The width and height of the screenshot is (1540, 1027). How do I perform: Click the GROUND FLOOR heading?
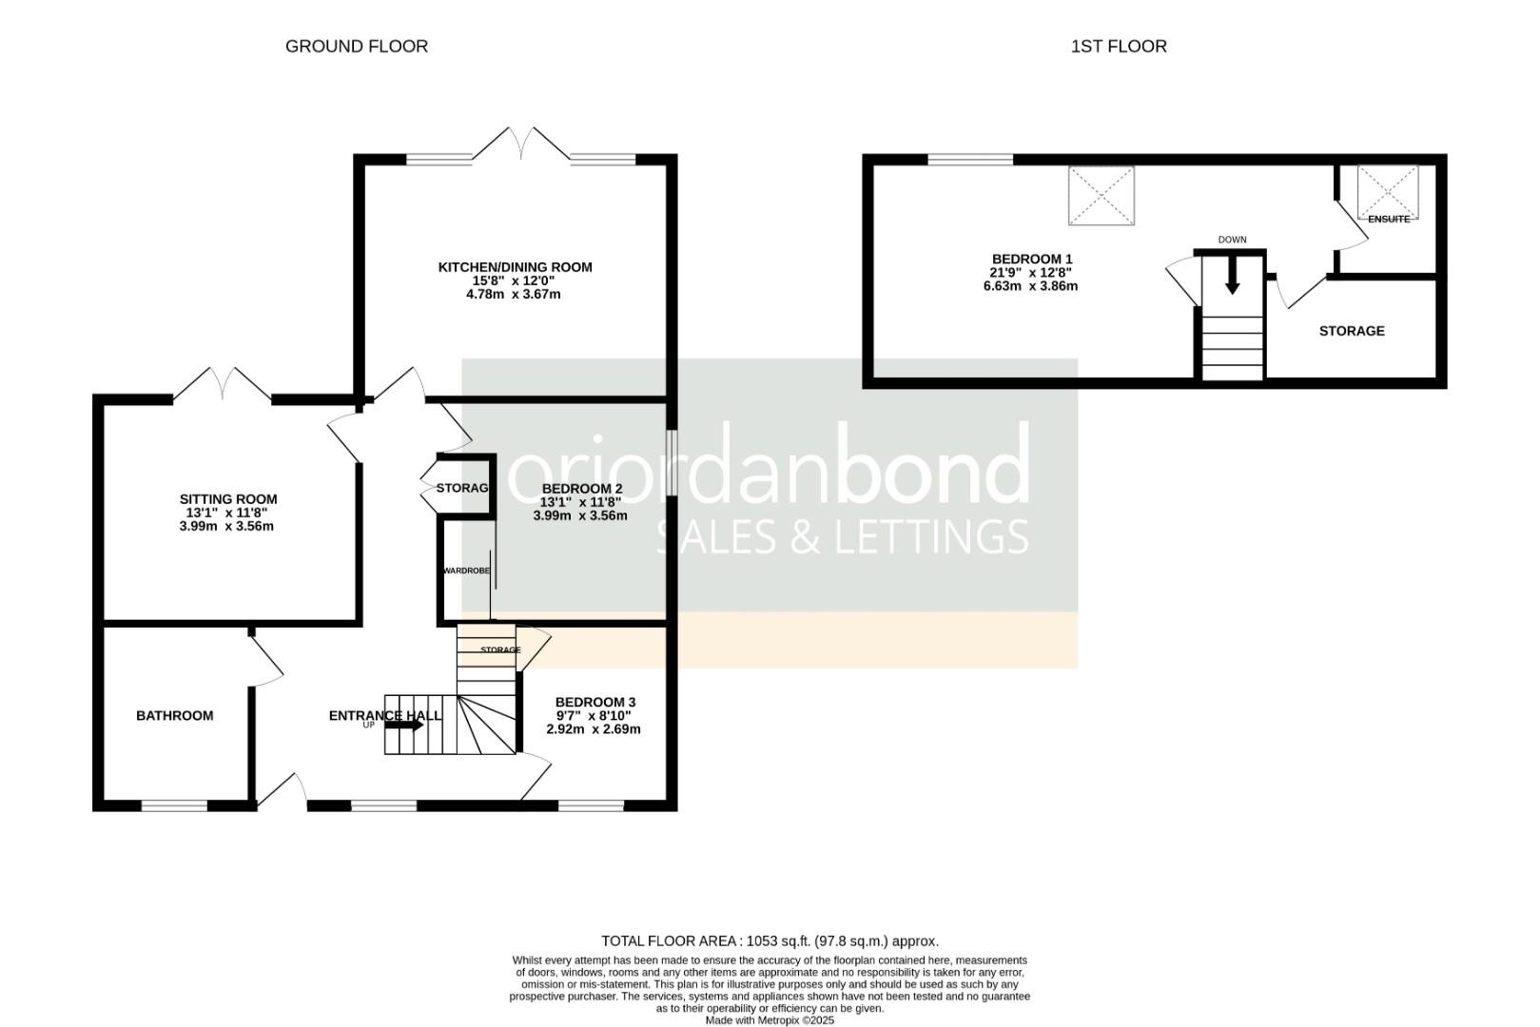[x=357, y=46]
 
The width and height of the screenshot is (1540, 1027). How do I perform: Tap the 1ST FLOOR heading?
[x=1119, y=46]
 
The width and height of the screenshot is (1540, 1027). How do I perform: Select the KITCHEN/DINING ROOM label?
[x=515, y=267]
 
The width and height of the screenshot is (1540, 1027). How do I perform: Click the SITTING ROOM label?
[x=228, y=499]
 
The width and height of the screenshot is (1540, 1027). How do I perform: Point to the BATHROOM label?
[x=175, y=716]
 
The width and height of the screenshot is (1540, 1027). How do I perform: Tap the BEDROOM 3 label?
[x=595, y=703]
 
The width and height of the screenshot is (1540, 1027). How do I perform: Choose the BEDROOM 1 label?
[x=1032, y=259]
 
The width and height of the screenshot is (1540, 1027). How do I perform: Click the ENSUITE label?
[x=1389, y=220]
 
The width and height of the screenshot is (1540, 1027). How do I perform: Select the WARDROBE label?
[x=466, y=571]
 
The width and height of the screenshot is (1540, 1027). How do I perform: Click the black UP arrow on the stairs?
[x=405, y=726]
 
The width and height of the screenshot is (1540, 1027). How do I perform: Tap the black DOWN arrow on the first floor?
[x=1232, y=278]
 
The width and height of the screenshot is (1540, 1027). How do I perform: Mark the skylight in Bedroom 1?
[x=1101, y=196]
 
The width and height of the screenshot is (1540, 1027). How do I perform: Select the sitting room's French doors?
[x=223, y=383]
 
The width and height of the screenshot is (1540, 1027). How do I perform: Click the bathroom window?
[x=175, y=805]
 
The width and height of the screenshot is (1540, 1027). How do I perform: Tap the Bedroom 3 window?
[x=592, y=805]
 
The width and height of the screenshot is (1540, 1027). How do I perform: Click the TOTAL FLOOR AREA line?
[x=770, y=941]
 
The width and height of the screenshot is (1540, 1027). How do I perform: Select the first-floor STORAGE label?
[x=1352, y=331]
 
